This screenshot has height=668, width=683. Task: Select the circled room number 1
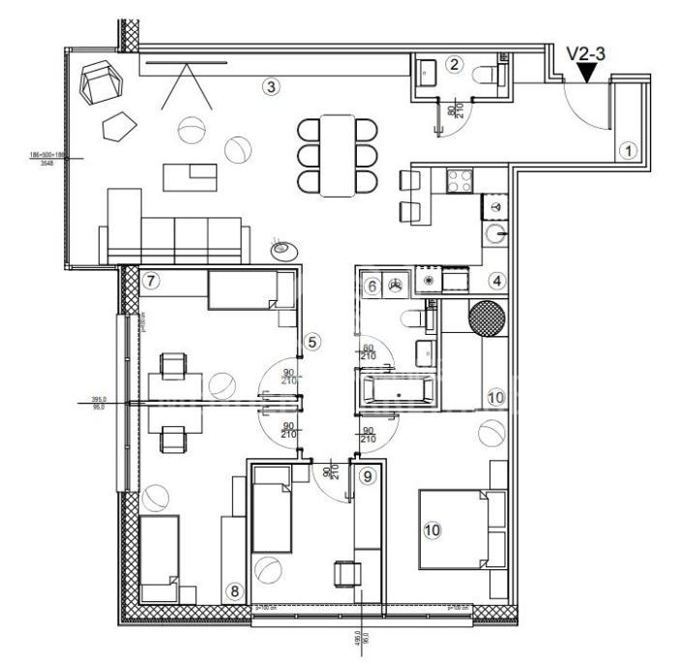(x=627, y=150)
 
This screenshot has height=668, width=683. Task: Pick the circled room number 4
(x=496, y=282)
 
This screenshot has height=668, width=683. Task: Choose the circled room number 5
(x=312, y=341)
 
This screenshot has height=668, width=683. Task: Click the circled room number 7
(x=150, y=282)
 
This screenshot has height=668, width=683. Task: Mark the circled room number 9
(x=366, y=475)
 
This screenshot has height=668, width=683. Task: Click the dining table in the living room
(x=338, y=155)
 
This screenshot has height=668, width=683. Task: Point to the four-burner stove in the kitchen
(x=457, y=180)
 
